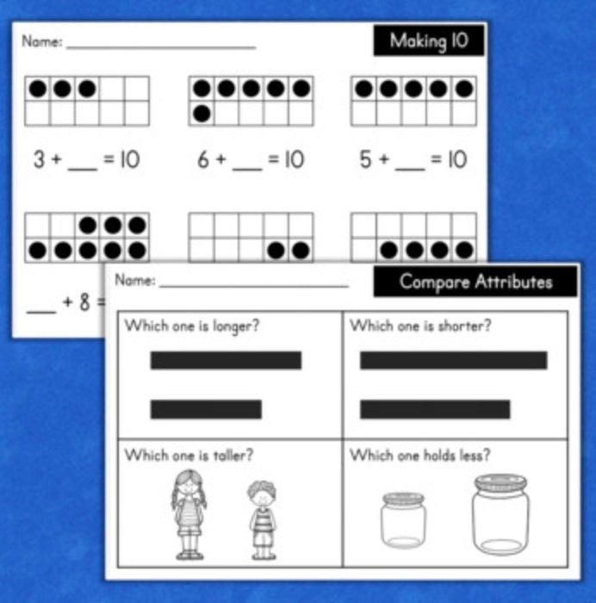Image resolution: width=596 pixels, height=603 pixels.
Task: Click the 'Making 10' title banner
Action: pyautogui.click(x=429, y=40)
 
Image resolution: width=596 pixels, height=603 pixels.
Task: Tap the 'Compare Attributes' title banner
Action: pyautogui.click(x=475, y=282)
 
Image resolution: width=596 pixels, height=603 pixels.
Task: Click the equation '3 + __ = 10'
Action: pyautogui.click(x=86, y=159)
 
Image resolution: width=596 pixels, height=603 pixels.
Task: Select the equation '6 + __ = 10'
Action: pyautogui.click(x=251, y=159)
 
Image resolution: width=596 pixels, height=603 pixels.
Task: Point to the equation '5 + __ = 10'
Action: pyautogui.click(x=413, y=159)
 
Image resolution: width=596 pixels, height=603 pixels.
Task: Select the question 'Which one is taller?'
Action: pyautogui.click(x=189, y=454)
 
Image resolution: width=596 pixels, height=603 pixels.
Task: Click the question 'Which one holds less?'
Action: pyautogui.click(x=419, y=455)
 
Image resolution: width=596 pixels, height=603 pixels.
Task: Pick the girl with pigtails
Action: pyautogui.click(x=189, y=513)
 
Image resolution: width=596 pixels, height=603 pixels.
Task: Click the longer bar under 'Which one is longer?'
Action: pyautogui.click(x=226, y=360)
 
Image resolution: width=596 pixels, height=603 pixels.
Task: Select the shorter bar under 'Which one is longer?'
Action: pyautogui.click(x=206, y=409)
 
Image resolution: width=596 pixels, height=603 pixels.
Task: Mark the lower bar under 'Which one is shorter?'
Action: pyautogui.click(x=435, y=409)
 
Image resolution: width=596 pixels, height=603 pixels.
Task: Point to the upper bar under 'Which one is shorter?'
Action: pyautogui.click(x=453, y=360)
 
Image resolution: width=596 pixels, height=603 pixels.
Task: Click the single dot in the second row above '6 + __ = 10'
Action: pyautogui.click(x=202, y=113)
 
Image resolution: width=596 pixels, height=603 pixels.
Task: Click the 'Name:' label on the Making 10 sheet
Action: pyautogui.click(x=41, y=41)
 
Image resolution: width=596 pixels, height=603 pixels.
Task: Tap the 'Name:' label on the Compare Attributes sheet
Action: pyautogui.click(x=135, y=280)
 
